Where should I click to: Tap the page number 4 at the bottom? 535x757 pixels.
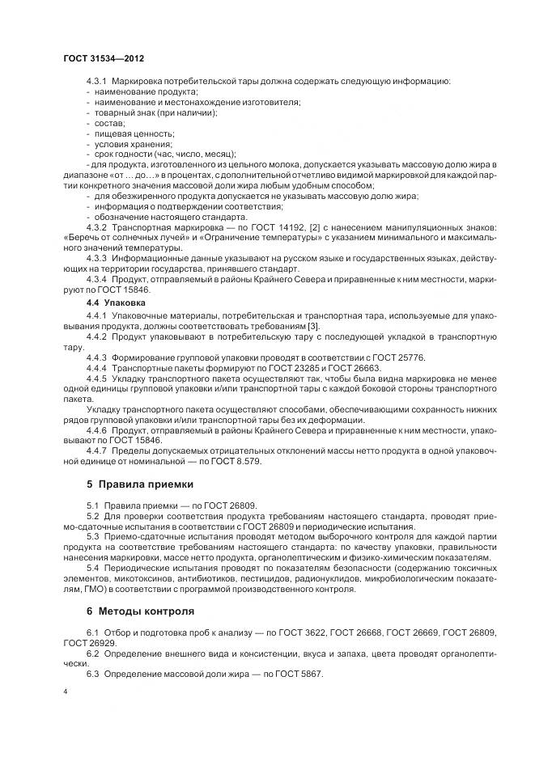tap(66, 692)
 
